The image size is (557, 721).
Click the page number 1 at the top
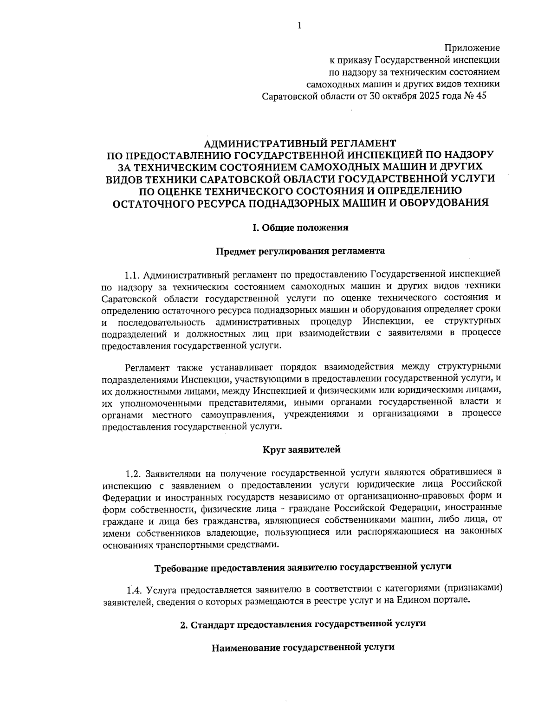(x=299, y=26)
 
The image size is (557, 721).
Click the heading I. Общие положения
(x=300, y=227)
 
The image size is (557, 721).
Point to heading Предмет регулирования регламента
(x=300, y=251)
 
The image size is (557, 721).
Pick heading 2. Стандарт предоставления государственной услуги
(x=303, y=624)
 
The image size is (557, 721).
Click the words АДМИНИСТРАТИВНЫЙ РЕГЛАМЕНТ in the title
(x=300, y=142)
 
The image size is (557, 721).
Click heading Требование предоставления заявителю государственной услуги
(x=303, y=567)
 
